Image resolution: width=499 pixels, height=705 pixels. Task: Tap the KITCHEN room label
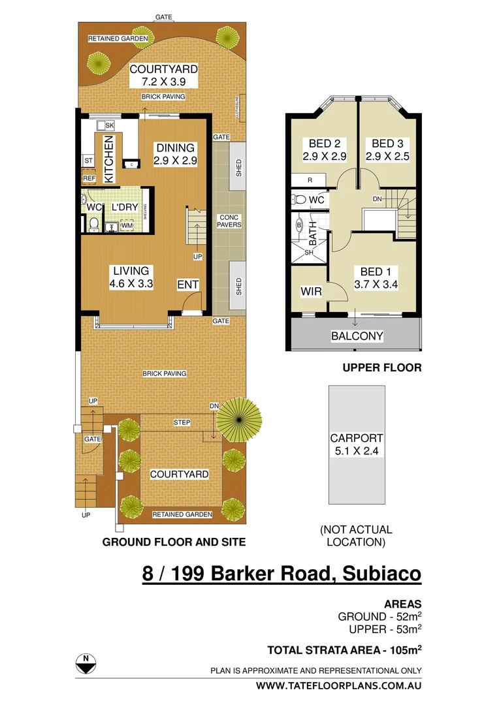tap(110, 159)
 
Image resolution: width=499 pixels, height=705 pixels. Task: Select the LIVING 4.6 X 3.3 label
tap(131, 277)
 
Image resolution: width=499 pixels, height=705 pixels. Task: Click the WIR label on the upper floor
tap(312, 291)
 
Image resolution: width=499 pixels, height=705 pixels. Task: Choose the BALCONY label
tap(357, 336)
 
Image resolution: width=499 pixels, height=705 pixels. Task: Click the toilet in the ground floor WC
tap(93, 225)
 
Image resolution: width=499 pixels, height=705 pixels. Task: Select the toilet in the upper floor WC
tap(300, 198)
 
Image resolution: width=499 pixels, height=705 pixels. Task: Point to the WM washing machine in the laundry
tap(125, 226)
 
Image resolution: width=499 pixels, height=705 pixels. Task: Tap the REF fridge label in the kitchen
tap(89, 178)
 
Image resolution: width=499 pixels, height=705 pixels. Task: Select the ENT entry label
tap(188, 285)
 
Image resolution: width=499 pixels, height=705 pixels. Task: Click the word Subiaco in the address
tap(378, 574)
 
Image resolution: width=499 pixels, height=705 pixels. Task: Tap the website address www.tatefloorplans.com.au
tap(338, 685)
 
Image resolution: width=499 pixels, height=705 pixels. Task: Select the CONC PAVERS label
tap(230, 221)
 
